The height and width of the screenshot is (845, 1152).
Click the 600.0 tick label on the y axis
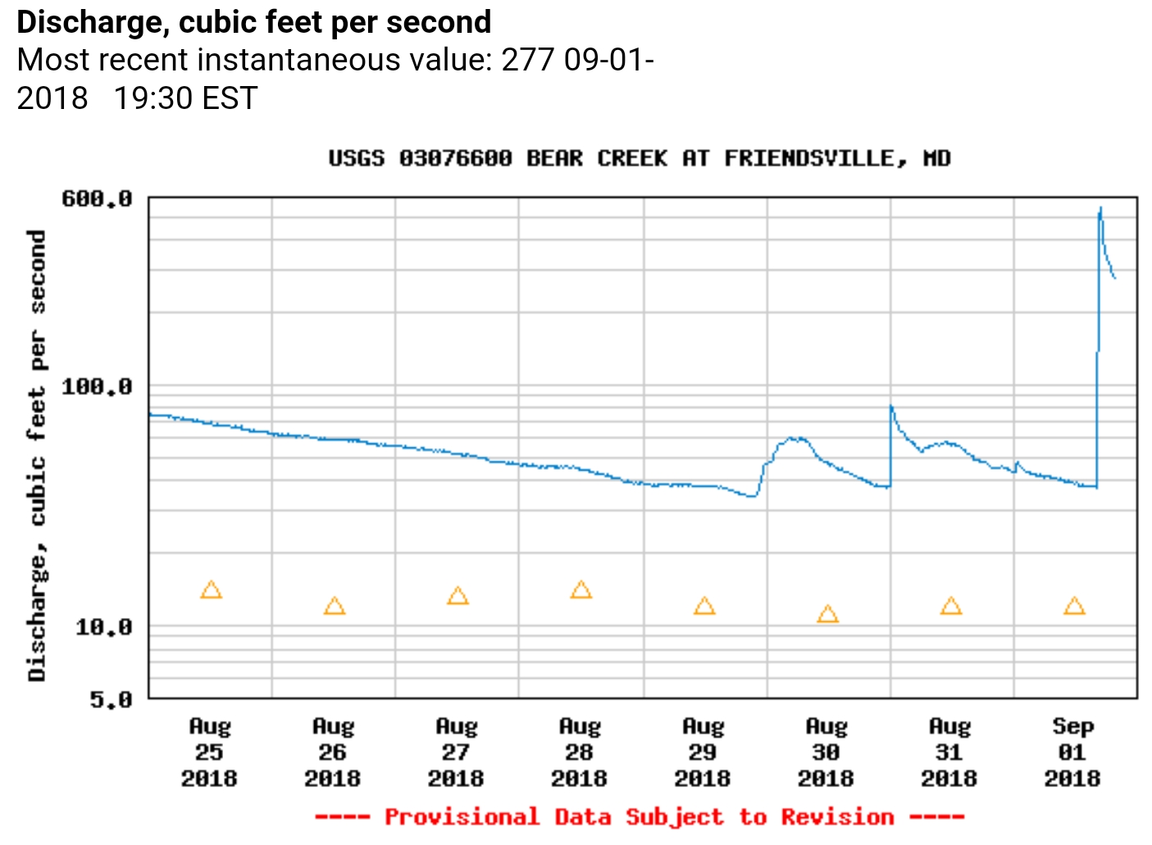[x=97, y=199]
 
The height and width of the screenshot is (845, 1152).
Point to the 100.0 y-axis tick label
[x=97, y=386]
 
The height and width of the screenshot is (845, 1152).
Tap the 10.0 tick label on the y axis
[x=103, y=628]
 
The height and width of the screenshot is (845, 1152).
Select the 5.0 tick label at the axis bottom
[x=111, y=700]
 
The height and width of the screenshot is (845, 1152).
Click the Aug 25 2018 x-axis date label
[x=209, y=752]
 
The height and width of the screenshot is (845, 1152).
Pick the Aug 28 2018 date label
[x=579, y=752]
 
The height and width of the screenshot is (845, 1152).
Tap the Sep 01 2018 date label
[x=1072, y=752]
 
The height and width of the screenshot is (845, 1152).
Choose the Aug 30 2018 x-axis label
[x=826, y=752]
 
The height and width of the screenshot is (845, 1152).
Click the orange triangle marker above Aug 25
[x=211, y=590]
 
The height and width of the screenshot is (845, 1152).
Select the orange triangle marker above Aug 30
[x=827, y=615]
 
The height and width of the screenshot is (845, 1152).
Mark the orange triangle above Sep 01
[x=1074, y=606]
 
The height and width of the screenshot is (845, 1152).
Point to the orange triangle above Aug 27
[x=458, y=596]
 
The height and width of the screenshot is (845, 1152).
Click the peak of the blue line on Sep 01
[x=1100, y=208]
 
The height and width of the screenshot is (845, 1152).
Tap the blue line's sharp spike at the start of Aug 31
[x=891, y=406]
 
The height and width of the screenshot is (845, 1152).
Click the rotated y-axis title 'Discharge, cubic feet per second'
[x=37, y=455]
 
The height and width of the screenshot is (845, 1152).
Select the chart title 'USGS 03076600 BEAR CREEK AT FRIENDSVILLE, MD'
[x=639, y=158]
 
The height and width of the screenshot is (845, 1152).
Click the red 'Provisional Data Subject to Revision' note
[x=639, y=817]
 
